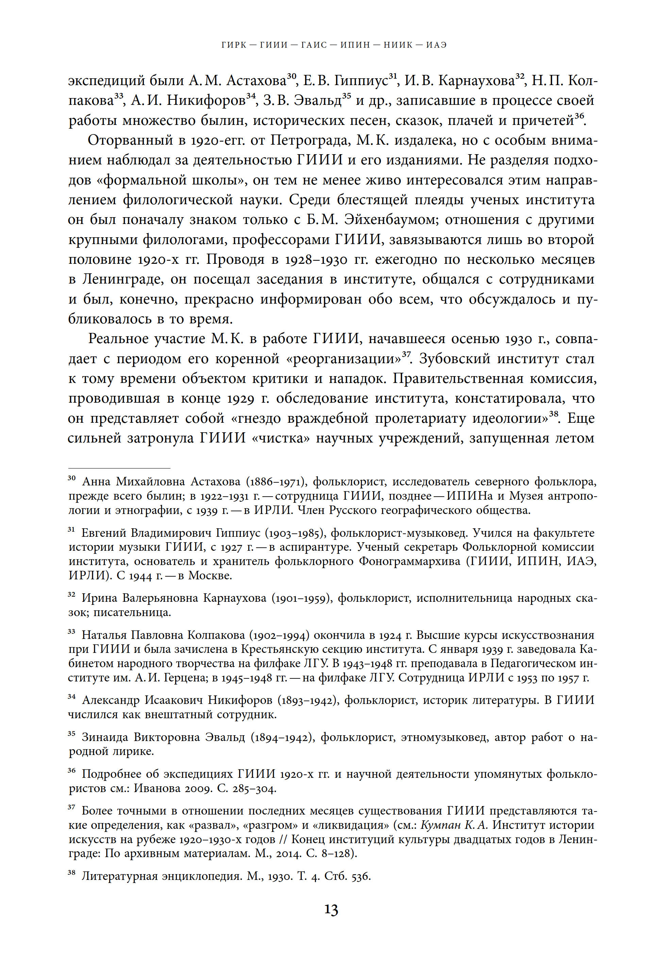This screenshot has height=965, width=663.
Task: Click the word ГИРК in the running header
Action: (x=234, y=45)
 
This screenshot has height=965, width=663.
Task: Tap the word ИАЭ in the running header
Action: (x=436, y=45)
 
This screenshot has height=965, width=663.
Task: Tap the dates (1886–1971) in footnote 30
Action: (x=276, y=482)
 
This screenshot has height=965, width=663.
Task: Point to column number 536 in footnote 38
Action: (x=360, y=876)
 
